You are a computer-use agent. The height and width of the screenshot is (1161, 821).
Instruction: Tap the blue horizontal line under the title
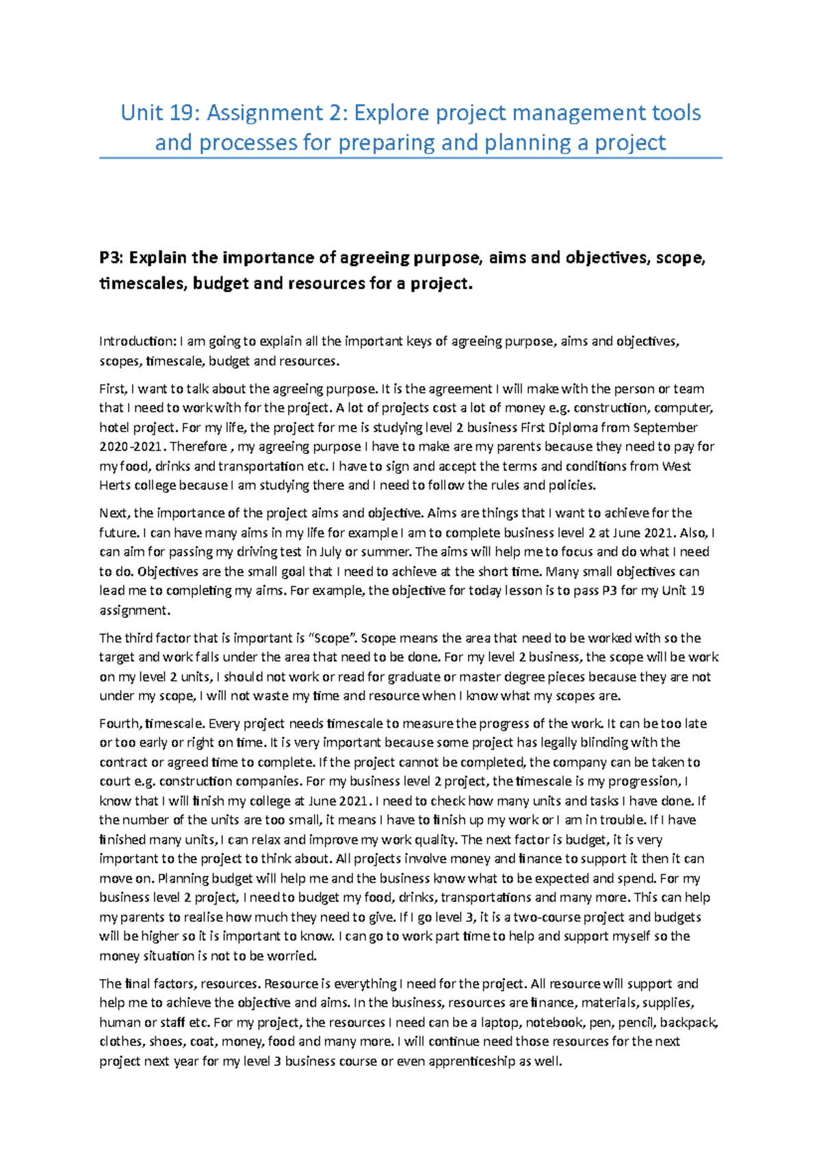pyautogui.click(x=410, y=158)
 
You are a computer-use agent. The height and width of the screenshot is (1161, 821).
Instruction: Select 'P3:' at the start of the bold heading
pyautogui.click(x=112, y=258)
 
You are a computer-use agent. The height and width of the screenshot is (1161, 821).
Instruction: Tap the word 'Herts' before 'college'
pyautogui.click(x=114, y=485)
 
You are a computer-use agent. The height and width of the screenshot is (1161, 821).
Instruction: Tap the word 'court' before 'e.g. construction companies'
pyautogui.click(x=114, y=782)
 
